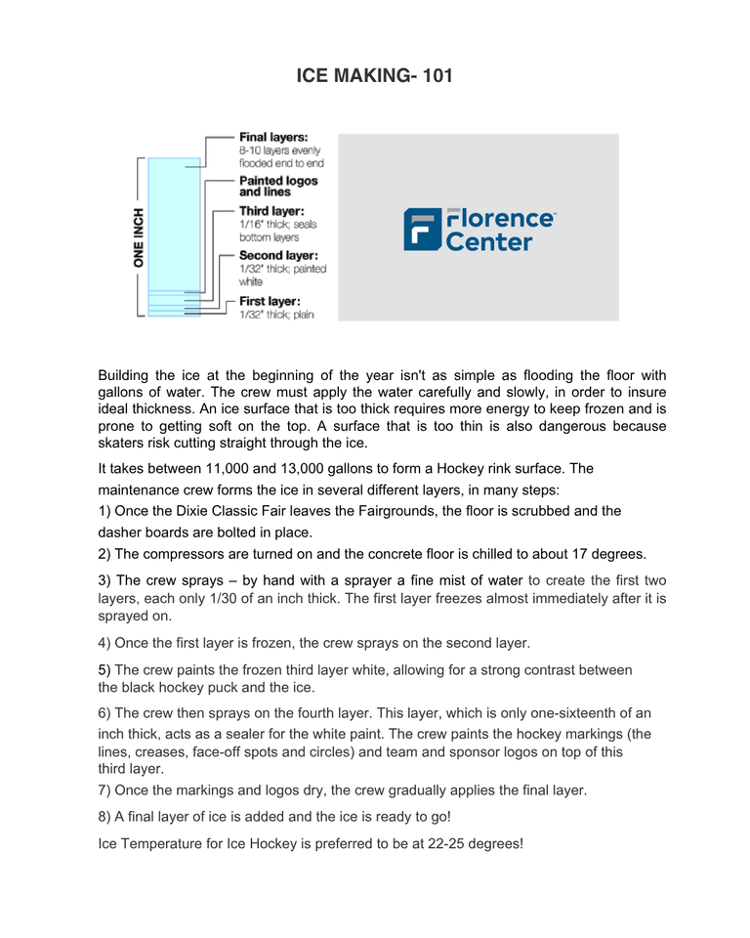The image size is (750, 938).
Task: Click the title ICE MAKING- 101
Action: tap(374, 75)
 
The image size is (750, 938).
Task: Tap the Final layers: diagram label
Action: tap(273, 137)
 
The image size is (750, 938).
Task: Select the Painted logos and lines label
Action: tap(278, 186)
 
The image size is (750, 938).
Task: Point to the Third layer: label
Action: tap(271, 211)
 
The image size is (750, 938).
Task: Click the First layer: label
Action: tap(270, 301)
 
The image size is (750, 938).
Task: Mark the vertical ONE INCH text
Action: tap(140, 237)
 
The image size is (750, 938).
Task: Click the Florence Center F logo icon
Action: tap(422, 230)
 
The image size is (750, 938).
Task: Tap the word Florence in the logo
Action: tap(500, 218)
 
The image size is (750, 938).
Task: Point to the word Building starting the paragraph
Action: tap(126, 375)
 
